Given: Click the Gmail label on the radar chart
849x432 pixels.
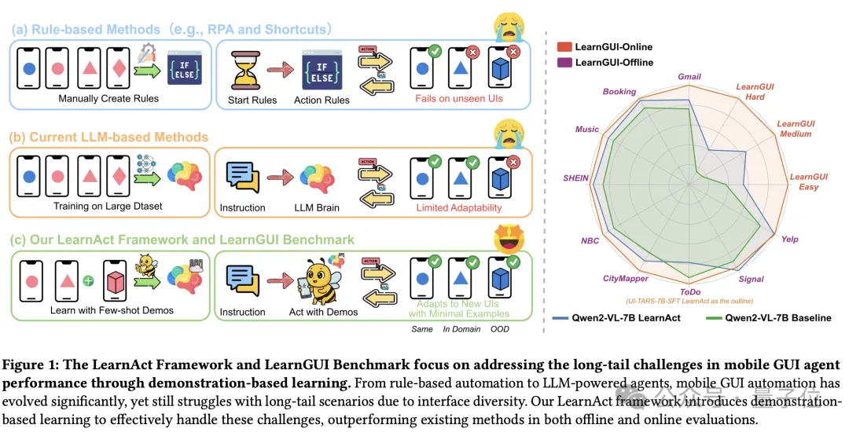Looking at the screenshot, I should point(689,77).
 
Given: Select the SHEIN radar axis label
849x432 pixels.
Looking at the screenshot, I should point(575,178).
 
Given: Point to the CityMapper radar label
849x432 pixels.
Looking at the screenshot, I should point(626,278).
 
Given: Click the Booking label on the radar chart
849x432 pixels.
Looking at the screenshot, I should point(619,92).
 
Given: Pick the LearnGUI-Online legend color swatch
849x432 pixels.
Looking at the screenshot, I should point(564,46).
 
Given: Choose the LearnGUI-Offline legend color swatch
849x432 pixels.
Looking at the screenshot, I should point(564,62).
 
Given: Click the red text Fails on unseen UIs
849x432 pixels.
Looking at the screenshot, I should point(460,98).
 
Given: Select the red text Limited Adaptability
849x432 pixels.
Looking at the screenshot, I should point(459,207).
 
